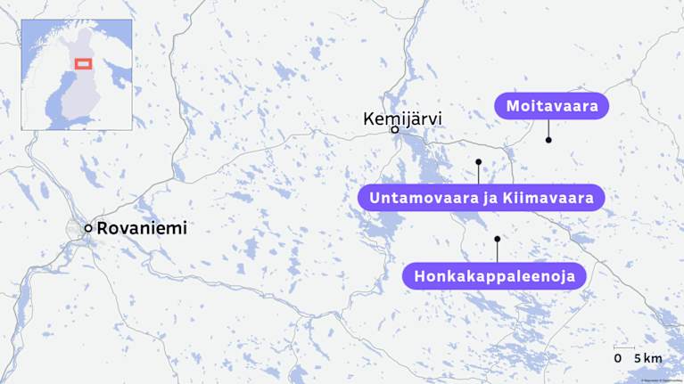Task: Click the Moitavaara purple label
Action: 551,107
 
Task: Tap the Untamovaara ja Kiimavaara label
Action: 482,197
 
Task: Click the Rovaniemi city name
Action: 142,228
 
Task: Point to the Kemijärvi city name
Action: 402,118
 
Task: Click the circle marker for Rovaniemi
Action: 88,229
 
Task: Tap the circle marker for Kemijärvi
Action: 394,130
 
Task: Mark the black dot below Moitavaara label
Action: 548,140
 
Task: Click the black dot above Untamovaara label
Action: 479,162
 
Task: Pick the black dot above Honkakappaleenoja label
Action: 497,239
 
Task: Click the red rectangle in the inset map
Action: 83,64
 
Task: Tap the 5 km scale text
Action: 648,358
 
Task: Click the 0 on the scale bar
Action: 618,358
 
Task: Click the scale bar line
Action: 624,347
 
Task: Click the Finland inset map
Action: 77,75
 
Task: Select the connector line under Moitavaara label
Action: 548,129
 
